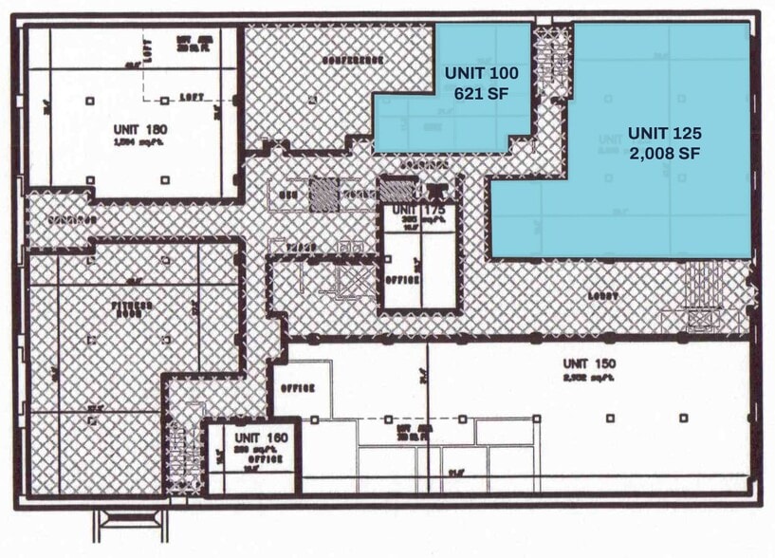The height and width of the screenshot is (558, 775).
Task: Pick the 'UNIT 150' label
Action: point(589,363)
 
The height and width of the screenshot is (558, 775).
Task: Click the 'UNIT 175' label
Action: point(418,210)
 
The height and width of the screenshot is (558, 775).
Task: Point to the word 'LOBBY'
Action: point(602,295)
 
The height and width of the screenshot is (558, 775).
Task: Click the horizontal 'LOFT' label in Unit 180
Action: point(193,97)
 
